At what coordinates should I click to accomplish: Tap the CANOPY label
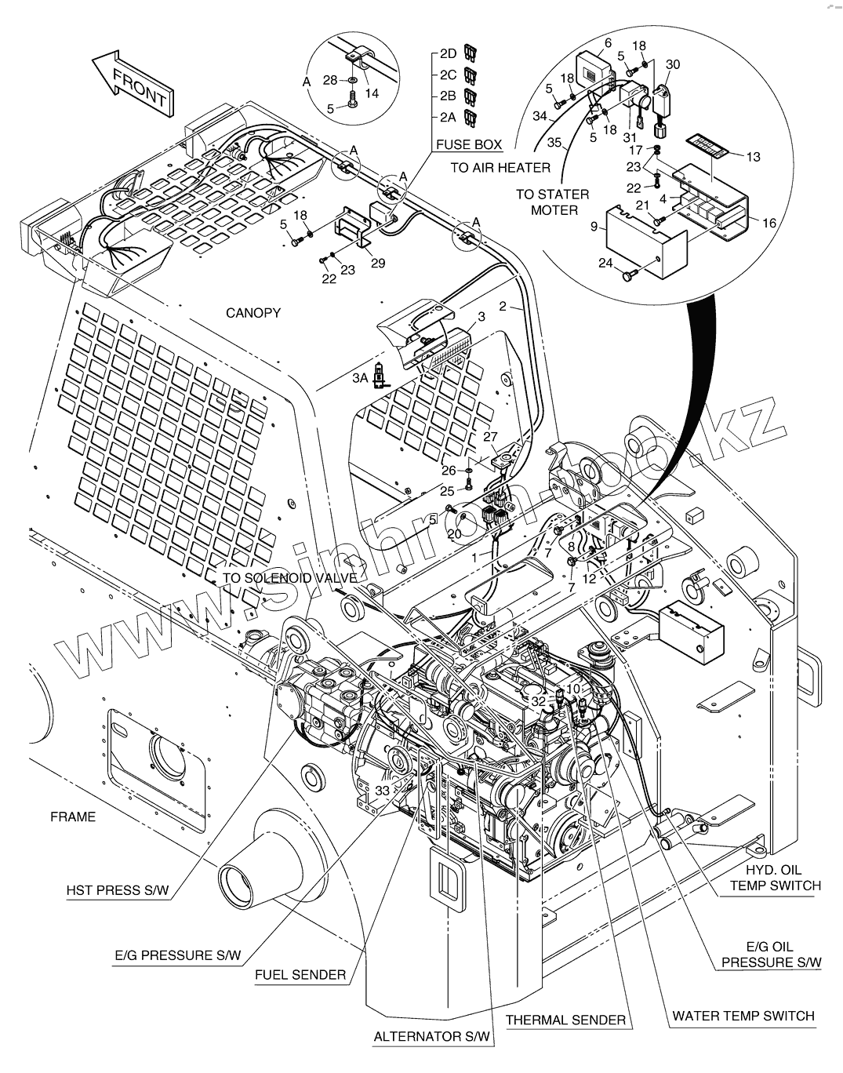(253, 313)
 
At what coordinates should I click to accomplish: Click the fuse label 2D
(448, 53)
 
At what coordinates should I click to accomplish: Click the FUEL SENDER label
(300, 974)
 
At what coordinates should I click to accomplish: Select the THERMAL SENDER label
(566, 1020)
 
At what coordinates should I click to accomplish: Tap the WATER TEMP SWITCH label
(743, 1016)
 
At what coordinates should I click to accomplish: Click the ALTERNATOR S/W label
(432, 1036)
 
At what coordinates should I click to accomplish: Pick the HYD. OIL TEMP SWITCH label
(776, 878)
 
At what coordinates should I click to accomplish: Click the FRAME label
(73, 817)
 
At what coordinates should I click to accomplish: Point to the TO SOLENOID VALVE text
(290, 578)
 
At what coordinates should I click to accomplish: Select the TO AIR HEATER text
(500, 167)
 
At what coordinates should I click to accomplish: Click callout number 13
(753, 157)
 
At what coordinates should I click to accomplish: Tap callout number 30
(673, 64)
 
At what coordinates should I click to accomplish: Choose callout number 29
(378, 264)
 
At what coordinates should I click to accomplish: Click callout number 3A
(360, 378)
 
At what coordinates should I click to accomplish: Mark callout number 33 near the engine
(382, 791)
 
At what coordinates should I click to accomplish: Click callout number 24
(605, 264)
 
